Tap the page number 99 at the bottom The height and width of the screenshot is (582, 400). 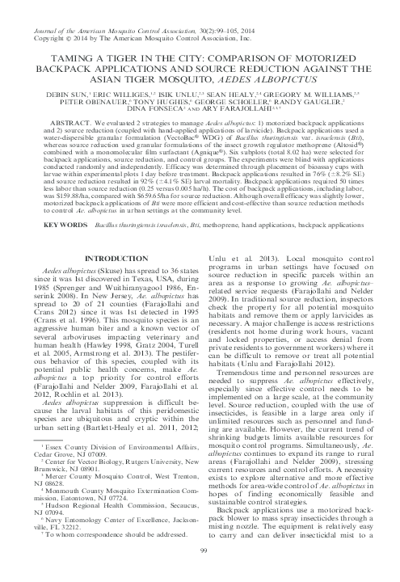pos(200,571)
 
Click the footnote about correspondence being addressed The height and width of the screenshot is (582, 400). pos(111,559)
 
